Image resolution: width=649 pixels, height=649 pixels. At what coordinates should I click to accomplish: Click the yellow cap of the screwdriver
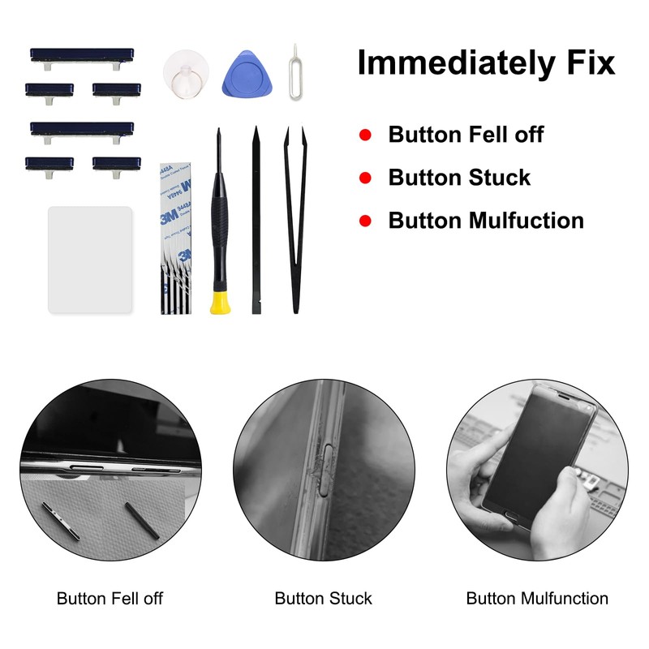[219, 303]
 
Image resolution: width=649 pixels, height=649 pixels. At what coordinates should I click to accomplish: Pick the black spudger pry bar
[256, 219]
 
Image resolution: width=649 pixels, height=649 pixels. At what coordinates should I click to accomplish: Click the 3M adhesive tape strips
[177, 239]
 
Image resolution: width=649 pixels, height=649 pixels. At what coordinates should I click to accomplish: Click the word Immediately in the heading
[454, 63]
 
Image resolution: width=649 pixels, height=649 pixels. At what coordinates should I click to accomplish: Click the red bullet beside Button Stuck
[365, 178]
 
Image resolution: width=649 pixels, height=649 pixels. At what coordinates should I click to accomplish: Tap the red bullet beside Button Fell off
[365, 135]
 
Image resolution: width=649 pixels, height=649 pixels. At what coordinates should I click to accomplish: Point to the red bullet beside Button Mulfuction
[365, 221]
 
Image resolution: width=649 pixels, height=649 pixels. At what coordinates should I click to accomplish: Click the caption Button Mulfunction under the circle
[537, 599]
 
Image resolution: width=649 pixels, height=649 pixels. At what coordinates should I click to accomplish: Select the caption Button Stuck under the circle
[323, 599]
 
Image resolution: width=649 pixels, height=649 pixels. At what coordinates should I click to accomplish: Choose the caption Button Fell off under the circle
[110, 599]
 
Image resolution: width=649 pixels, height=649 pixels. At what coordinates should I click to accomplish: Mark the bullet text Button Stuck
[459, 178]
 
